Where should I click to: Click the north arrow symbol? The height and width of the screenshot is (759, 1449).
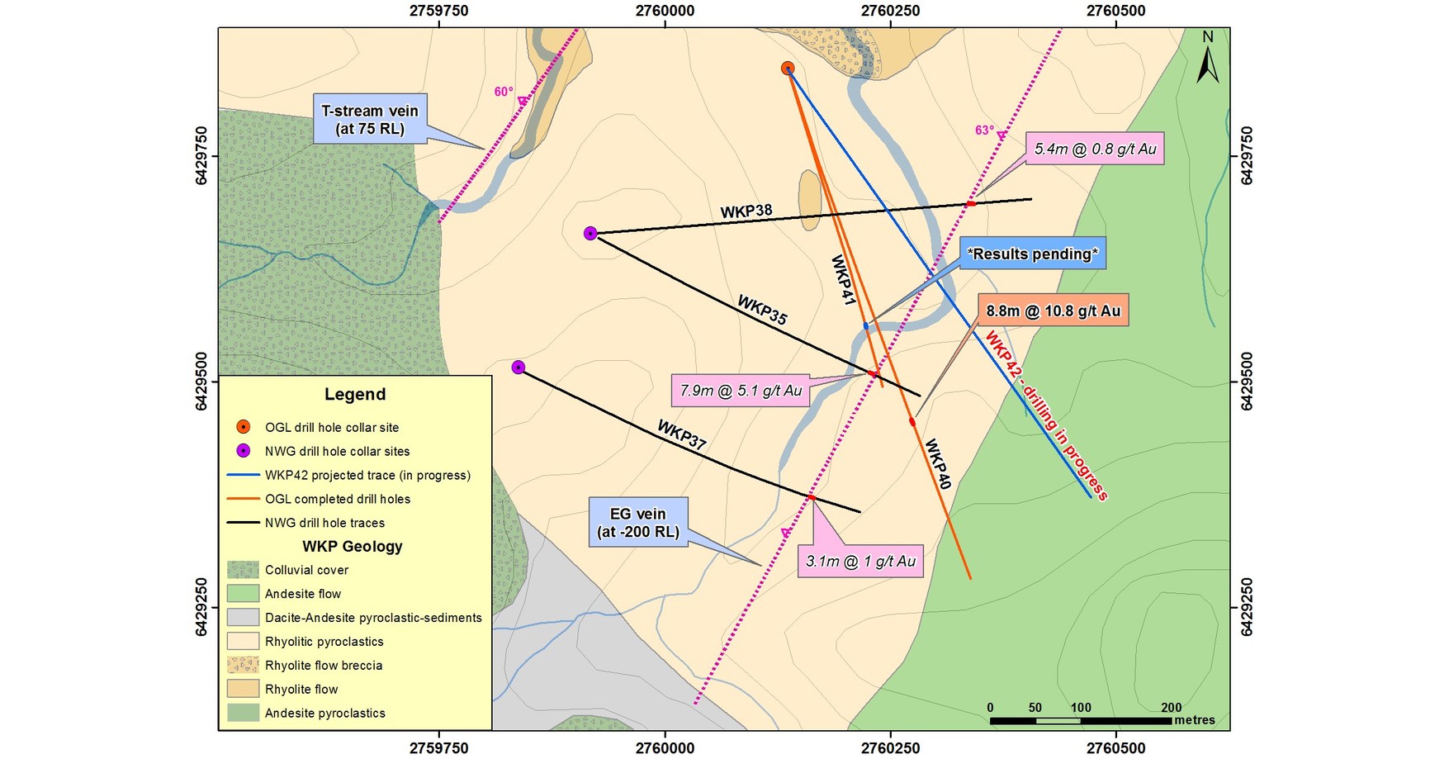(1207, 58)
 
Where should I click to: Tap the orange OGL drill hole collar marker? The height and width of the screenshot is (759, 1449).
(788, 69)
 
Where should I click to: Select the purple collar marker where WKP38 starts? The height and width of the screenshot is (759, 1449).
(590, 234)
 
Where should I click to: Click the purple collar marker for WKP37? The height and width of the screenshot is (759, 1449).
(519, 368)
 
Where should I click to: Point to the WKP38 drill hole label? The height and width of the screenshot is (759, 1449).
(746, 211)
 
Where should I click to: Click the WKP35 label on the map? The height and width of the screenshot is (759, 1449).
(762, 310)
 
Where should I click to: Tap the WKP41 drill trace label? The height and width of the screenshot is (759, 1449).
(842, 281)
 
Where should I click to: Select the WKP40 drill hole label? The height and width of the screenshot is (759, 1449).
(937, 463)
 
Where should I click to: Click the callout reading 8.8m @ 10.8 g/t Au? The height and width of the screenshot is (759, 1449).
(1053, 311)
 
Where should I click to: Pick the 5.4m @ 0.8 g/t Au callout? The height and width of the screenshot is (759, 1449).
(1095, 149)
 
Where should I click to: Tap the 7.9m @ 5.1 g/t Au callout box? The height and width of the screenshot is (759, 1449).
(741, 391)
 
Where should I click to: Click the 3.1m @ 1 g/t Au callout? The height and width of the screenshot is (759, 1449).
(860, 561)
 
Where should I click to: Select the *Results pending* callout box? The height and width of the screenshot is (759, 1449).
(1032, 254)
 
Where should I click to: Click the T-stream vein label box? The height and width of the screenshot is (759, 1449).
(370, 120)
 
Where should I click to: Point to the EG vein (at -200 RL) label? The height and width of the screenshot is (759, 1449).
(638, 523)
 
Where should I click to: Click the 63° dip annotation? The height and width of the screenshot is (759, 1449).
(984, 130)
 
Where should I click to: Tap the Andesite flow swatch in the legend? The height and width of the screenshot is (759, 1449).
(243, 594)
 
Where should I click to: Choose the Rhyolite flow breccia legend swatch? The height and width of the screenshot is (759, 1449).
(243, 665)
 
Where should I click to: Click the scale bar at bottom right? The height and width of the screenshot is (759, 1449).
(1080, 720)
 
